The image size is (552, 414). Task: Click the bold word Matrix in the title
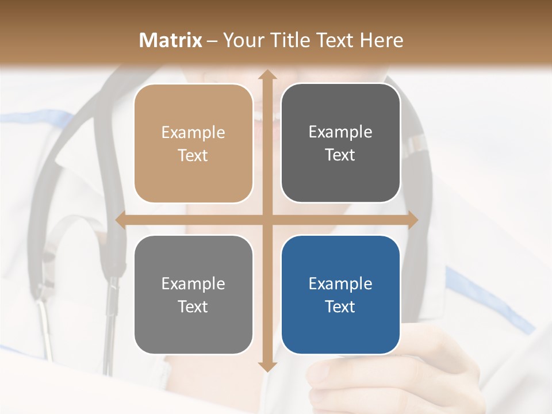(171, 40)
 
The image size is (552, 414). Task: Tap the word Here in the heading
(382, 40)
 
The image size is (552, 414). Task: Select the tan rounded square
(193, 143)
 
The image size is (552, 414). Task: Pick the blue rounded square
(340, 294)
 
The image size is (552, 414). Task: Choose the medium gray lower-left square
(193, 294)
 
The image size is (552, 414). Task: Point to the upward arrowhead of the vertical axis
(267, 75)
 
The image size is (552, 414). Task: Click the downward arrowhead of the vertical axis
(267, 366)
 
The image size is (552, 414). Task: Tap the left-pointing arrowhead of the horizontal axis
(121, 220)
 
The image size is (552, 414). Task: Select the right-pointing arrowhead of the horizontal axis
(412, 220)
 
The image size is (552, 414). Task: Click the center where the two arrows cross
(267, 220)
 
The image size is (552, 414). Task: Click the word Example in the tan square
(193, 133)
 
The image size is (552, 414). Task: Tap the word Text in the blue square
(340, 306)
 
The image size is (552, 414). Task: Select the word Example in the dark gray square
(340, 132)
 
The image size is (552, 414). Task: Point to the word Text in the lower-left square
(193, 306)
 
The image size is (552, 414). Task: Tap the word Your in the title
(241, 40)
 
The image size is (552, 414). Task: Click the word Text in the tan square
(193, 155)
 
